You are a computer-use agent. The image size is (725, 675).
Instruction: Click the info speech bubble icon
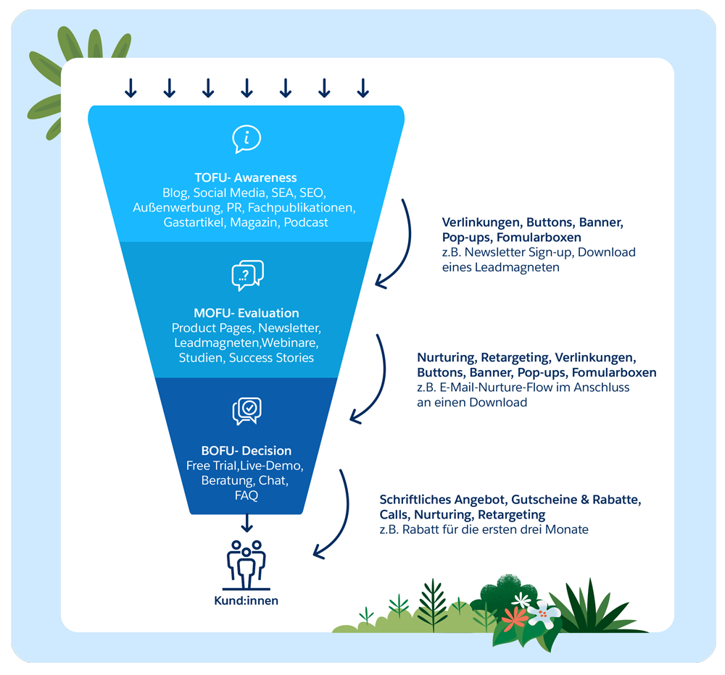tap(246, 138)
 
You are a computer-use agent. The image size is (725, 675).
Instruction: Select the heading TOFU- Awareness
tap(246, 177)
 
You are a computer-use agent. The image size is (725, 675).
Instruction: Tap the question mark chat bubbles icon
tap(247, 275)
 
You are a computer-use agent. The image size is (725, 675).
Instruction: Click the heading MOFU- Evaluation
tap(246, 313)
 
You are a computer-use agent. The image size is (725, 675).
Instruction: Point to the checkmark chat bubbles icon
tap(246, 411)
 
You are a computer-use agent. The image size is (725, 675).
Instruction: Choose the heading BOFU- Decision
tap(246, 450)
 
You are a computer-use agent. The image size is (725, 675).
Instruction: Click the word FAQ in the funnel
tap(246, 495)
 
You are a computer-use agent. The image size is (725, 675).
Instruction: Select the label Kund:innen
tap(246, 600)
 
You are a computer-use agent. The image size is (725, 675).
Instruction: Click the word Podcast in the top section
tap(305, 222)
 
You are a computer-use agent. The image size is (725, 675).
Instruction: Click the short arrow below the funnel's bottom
tap(246, 522)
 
